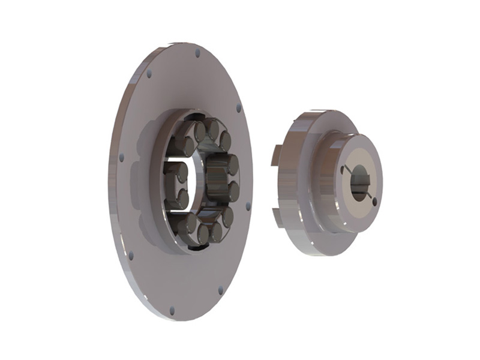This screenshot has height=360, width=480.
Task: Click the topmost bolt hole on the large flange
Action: (x=197, y=53)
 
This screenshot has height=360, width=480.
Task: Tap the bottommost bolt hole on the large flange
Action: (x=172, y=311)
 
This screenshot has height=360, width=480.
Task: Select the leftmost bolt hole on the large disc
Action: (x=121, y=157)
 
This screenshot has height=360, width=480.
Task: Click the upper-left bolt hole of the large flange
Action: (x=149, y=74)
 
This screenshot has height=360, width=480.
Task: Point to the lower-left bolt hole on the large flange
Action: (x=131, y=255)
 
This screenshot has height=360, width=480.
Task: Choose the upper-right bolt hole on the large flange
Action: (x=238, y=109)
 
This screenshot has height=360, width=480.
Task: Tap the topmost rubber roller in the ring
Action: (x=211, y=128)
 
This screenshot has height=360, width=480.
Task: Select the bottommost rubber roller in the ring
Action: (x=203, y=234)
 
